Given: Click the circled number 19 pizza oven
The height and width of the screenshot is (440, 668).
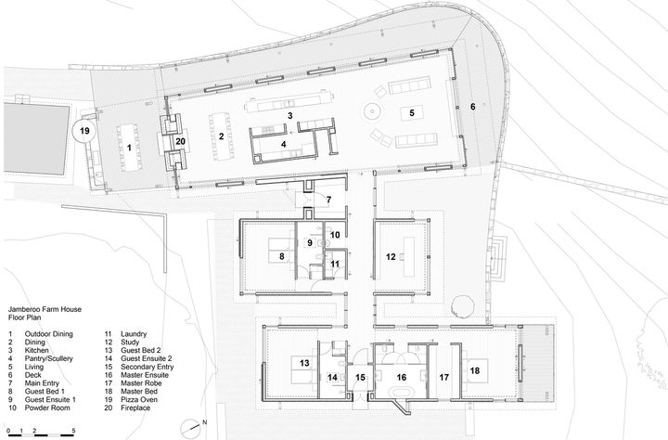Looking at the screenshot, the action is [x=84, y=131].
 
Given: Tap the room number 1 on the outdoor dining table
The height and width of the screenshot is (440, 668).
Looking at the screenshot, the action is [x=130, y=148].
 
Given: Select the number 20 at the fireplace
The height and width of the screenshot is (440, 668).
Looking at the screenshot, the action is [x=181, y=141].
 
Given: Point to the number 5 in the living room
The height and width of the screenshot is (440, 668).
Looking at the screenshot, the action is [x=412, y=113].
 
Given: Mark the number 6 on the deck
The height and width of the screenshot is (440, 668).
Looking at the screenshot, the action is [x=473, y=107].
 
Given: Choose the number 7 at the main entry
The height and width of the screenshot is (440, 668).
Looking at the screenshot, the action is [x=328, y=199].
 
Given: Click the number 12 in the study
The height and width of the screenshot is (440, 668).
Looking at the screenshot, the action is [x=391, y=256].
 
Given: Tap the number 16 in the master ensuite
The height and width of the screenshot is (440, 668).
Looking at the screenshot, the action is [x=402, y=377].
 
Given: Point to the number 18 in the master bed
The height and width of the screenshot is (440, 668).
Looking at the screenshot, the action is [x=475, y=370].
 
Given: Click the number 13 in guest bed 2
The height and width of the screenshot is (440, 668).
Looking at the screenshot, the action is [x=304, y=363].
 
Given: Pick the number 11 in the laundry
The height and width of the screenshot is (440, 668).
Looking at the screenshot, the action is [x=335, y=264].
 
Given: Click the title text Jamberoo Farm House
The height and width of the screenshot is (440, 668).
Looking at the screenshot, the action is [x=45, y=309].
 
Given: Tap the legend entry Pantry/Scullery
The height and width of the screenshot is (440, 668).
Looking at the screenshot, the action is [x=48, y=358].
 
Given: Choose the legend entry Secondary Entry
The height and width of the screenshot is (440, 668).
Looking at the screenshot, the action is [x=147, y=367].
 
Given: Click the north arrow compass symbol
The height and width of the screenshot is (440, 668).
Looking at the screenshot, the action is [x=190, y=427].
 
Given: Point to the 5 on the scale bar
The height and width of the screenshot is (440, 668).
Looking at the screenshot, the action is [x=73, y=430].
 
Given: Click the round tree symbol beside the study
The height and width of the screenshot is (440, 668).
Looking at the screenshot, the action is [x=462, y=305].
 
